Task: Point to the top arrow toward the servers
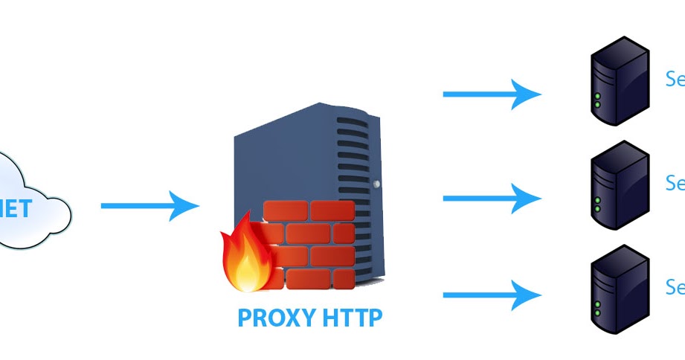pos(492,94)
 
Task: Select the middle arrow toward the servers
pos(492,198)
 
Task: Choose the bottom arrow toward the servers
pos(492,295)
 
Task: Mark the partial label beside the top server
pos(675,80)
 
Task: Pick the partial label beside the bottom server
pos(675,287)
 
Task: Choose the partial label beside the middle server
pos(675,183)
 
